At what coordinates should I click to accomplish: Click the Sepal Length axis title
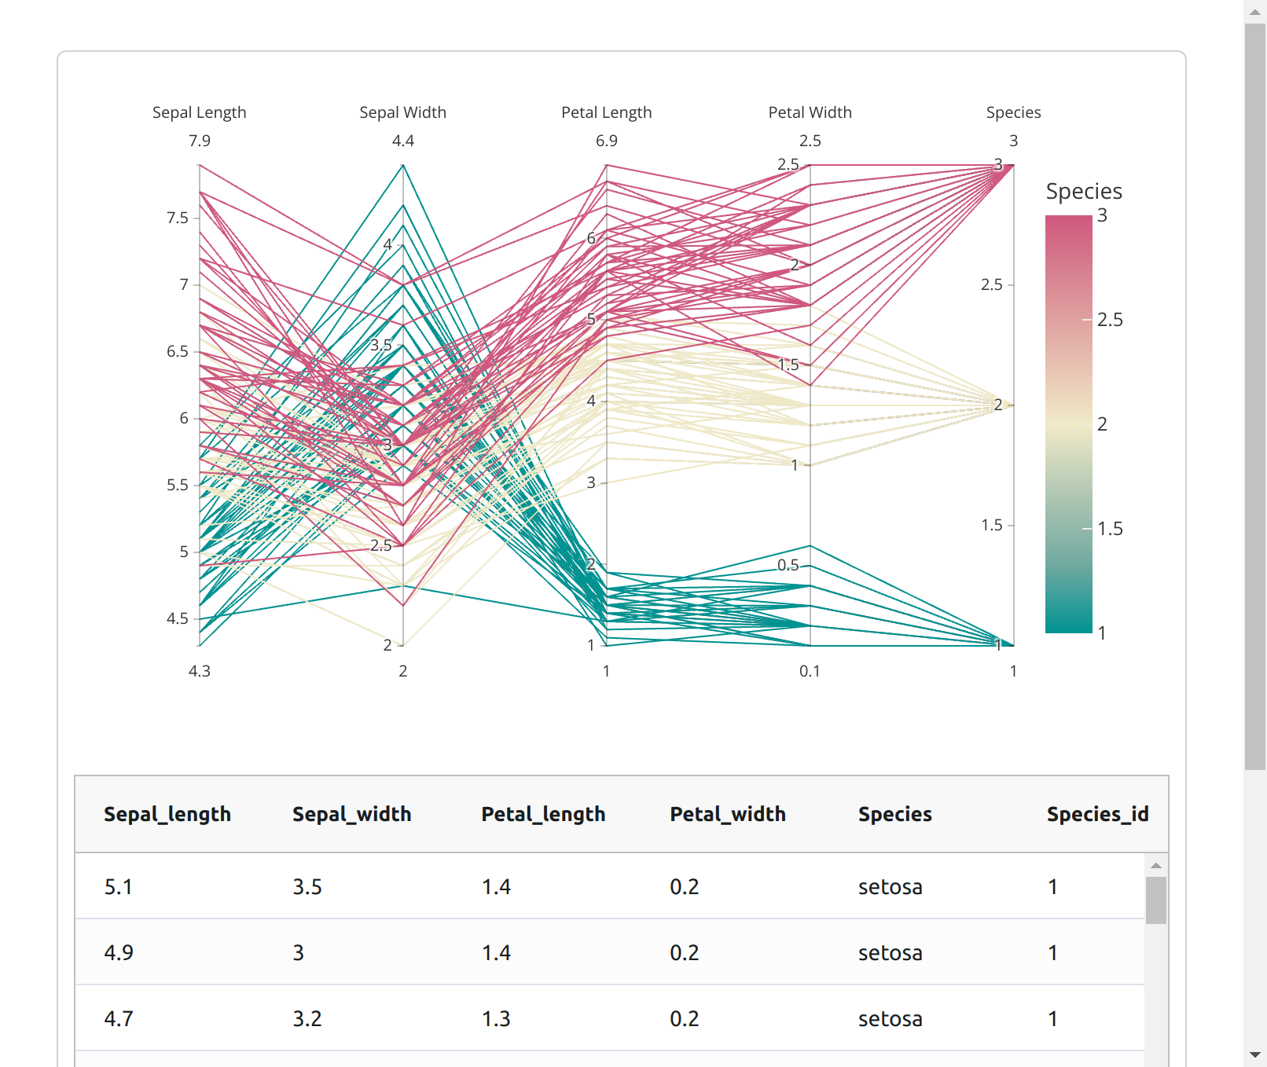pos(199,112)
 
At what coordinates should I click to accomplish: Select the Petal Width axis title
pos(810,112)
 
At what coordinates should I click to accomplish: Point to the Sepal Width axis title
pos(402,112)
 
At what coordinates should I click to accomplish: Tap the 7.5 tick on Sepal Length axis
pos(178,218)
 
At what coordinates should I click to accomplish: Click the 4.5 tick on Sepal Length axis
pos(178,618)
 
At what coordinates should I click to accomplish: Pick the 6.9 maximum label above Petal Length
pos(606,141)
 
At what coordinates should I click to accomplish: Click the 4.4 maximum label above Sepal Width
pos(402,141)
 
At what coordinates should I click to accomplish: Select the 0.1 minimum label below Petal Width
pos(810,671)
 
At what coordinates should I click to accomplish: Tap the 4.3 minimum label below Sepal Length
pos(199,671)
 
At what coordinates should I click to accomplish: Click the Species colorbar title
pos(1083,192)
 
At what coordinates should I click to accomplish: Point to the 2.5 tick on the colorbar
pos(1110,320)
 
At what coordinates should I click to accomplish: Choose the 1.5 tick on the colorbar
pos(1110,529)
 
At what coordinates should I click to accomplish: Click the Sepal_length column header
pos(167,814)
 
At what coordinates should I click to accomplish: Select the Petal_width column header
pos(728,814)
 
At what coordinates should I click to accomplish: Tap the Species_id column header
pos(1097,814)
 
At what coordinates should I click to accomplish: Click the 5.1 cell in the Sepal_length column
pos(119,887)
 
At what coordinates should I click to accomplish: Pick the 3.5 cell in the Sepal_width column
pos(307,887)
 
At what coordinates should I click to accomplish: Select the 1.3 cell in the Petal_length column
pos(496,1019)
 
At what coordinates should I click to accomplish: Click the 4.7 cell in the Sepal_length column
pos(119,1019)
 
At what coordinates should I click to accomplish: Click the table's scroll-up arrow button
pos(1155,865)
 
